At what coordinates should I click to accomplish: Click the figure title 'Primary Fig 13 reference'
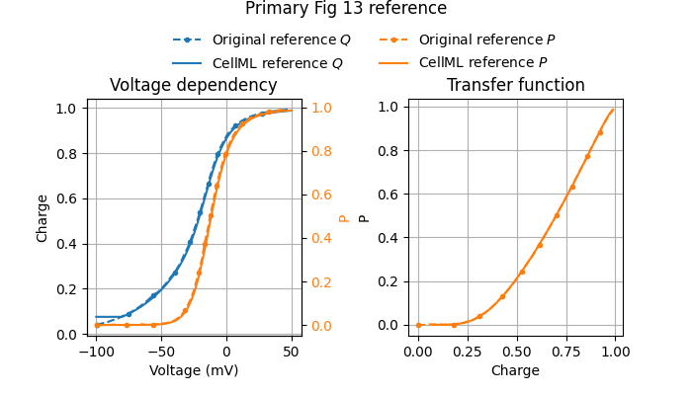point(346,9)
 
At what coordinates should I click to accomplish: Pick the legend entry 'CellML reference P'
point(482,62)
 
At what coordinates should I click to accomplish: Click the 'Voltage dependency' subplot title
point(194,85)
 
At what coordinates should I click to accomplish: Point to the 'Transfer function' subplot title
point(515,85)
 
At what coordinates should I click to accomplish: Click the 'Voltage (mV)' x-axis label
point(194,371)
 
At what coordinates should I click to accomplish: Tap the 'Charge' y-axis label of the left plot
point(43,218)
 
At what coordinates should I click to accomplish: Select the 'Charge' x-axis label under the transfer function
point(515,371)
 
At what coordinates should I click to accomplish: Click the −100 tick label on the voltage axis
point(95,353)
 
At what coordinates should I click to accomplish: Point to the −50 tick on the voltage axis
point(160,353)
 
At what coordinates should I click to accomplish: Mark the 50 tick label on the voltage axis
point(291,353)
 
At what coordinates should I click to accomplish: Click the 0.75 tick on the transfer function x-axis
point(566,353)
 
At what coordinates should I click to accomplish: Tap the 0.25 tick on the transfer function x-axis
point(468,353)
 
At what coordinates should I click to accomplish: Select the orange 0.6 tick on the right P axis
point(322,195)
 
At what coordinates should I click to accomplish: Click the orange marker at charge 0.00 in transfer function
point(418,325)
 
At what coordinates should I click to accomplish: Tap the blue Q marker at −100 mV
point(96,325)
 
